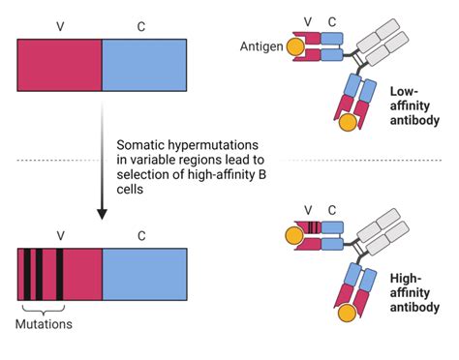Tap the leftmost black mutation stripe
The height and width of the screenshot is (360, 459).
click(28, 275)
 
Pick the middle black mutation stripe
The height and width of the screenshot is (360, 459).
click(42, 275)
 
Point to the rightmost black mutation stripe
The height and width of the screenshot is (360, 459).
click(60, 275)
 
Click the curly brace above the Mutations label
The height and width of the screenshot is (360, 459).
click(45, 308)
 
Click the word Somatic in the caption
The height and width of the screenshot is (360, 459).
click(142, 142)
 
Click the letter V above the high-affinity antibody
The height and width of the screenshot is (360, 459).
click(308, 211)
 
